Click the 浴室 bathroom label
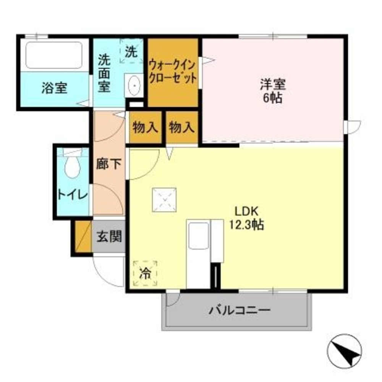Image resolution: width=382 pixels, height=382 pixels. click(54, 88)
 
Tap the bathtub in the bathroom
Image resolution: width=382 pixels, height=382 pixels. click(54, 55)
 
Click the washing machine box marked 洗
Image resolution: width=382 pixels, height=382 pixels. click(131, 51)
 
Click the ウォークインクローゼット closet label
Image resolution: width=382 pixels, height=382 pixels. click(173, 71)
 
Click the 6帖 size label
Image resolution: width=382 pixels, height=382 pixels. click(273, 99)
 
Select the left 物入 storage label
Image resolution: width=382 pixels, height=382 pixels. click(145, 127)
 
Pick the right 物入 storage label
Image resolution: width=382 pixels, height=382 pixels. click(182, 127)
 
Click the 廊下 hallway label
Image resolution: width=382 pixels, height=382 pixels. click(108, 164)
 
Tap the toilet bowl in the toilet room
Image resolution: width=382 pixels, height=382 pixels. click(72, 166)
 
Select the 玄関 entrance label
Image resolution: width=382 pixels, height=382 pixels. click(108, 237)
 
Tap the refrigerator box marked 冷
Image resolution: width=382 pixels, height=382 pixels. click(145, 274)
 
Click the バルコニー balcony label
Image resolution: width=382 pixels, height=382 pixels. click(240, 309)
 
